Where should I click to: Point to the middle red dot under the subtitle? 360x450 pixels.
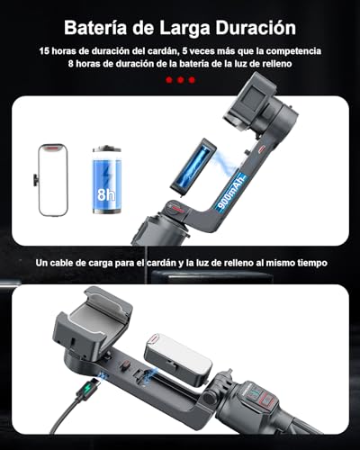point(180,80)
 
